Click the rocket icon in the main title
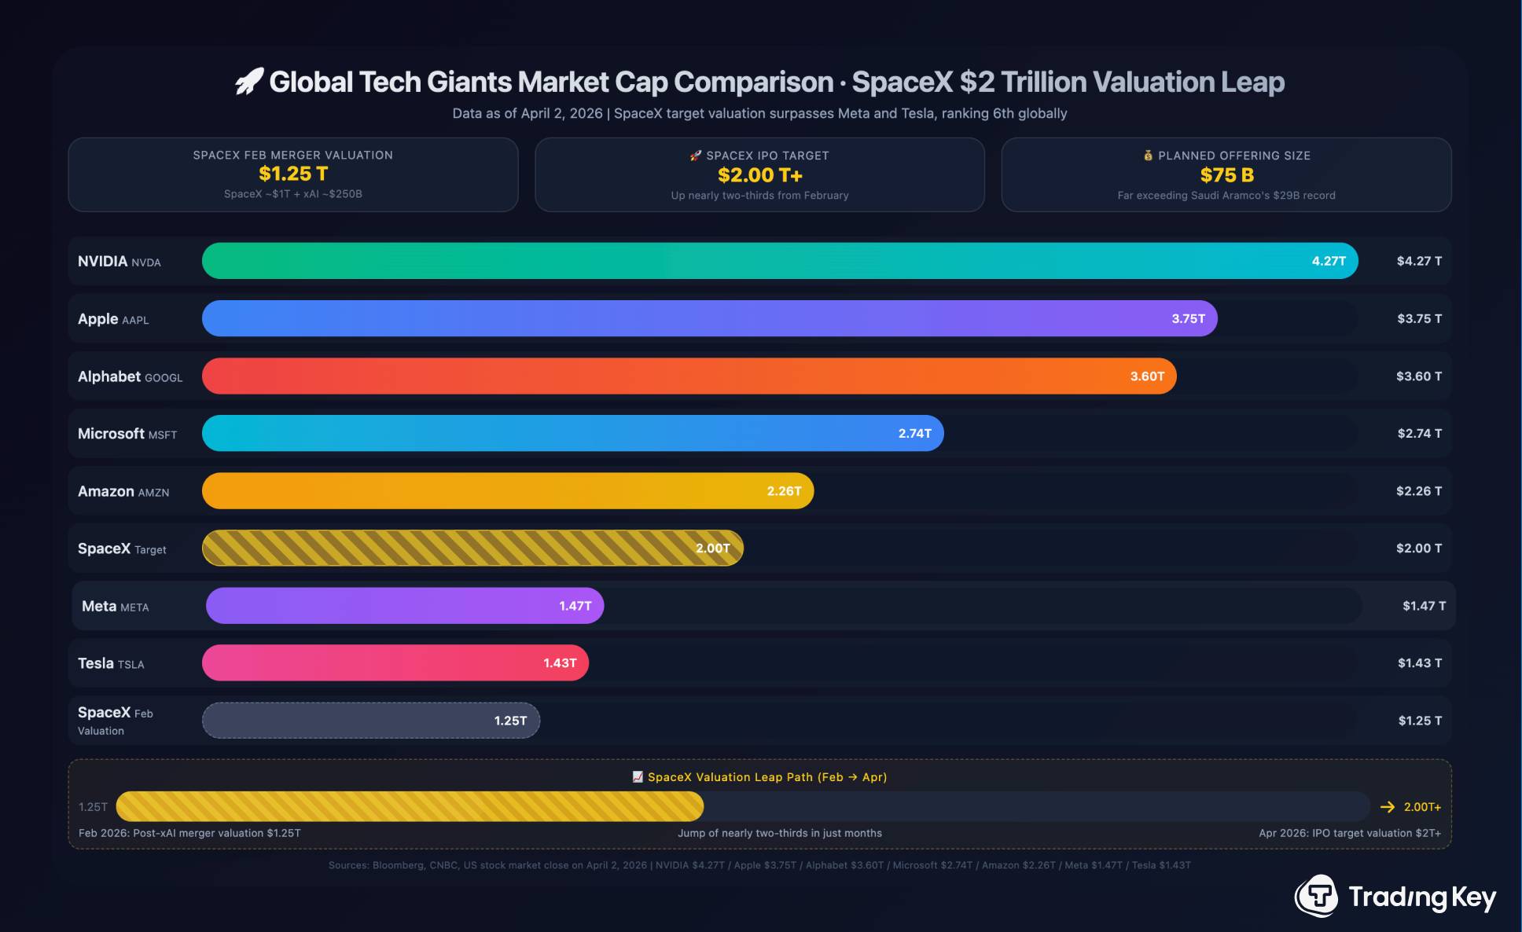(x=249, y=81)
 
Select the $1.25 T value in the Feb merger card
(x=293, y=174)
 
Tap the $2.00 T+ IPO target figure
(x=759, y=175)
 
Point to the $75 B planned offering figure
(x=1226, y=175)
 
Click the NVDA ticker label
(x=146, y=262)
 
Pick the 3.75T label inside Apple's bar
(x=1188, y=318)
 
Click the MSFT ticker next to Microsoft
(x=163, y=435)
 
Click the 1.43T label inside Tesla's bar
(x=560, y=663)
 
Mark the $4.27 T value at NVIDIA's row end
(x=1419, y=261)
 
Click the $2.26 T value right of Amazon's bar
(x=1419, y=491)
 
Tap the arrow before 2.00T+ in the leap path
(x=1388, y=807)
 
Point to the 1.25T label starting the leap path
(x=93, y=807)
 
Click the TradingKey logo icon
(x=1317, y=896)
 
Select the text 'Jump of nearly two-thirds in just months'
(x=780, y=833)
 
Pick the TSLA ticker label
(x=131, y=665)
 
